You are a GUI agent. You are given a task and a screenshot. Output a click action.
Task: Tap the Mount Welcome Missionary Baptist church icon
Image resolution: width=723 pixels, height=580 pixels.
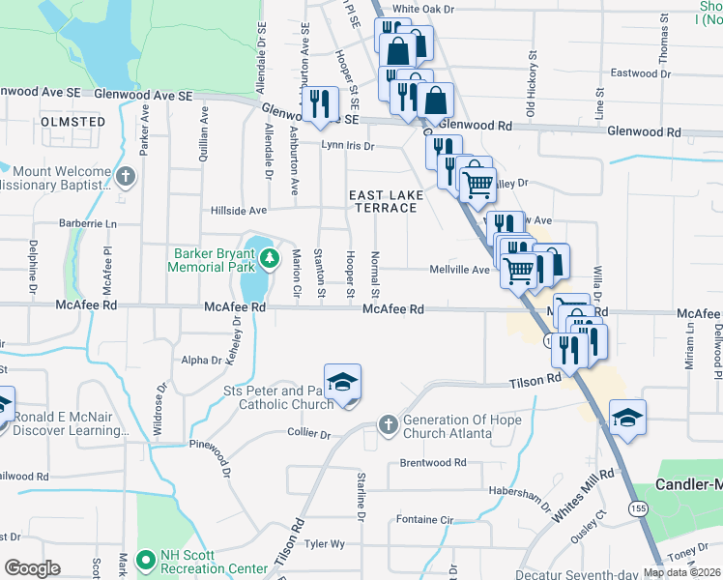(126, 176)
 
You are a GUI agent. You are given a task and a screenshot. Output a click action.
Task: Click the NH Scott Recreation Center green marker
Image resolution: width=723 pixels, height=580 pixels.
(146, 559)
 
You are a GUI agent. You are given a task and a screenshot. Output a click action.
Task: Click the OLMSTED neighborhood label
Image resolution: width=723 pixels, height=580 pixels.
(73, 122)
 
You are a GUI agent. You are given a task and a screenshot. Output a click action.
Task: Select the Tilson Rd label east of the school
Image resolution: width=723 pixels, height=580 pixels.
(536, 382)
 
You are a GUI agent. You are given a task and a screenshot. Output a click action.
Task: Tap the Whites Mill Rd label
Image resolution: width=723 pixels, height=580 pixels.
(583, 497)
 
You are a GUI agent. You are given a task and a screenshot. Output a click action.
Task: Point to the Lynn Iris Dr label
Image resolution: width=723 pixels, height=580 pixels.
(348, 146)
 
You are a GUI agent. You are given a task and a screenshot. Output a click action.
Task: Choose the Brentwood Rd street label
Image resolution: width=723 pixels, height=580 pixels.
(432, 463)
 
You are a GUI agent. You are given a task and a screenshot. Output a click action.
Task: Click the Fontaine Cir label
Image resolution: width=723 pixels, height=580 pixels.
(424, 519)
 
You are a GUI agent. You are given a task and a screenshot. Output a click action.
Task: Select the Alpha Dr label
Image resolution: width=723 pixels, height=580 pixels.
(202, 360)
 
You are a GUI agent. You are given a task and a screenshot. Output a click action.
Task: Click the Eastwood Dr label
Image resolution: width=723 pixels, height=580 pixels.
(634, 72)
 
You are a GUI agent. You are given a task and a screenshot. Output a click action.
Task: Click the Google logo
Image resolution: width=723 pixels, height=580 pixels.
(32, 567)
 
